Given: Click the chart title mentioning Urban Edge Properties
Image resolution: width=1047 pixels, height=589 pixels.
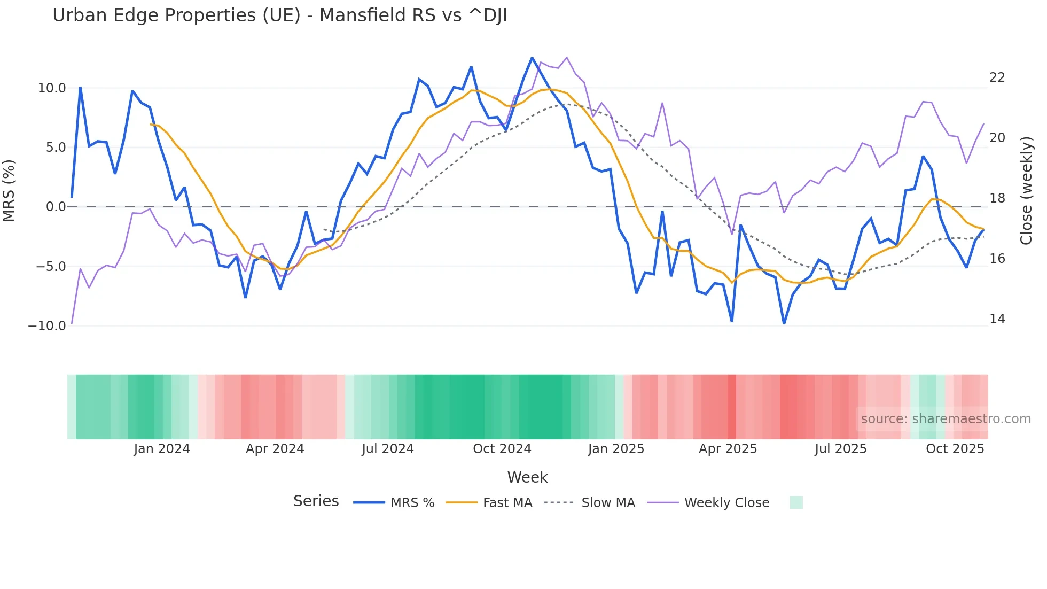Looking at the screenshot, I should point(279,15).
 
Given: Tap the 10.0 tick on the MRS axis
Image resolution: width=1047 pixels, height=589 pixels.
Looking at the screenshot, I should point(52,88).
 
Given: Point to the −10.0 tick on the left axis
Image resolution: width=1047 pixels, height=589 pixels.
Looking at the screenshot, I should point(47,325).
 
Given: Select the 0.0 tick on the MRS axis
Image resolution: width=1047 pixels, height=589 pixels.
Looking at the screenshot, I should point(56,207).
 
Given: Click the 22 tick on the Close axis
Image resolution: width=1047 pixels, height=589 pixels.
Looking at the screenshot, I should point(997,77).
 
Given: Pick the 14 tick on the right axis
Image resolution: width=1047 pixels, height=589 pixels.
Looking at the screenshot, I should point(997,319).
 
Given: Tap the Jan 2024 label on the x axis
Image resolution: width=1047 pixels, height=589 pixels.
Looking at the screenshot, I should point(162,449).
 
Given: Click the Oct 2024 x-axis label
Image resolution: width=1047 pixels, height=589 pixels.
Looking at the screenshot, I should point(502,449).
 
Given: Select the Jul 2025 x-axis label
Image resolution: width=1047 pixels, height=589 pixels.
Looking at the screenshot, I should point(840,449).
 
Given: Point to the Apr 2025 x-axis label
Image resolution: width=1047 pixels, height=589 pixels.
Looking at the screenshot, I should point(728,449).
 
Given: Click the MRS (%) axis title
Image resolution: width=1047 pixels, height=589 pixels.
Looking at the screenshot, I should point(9,191).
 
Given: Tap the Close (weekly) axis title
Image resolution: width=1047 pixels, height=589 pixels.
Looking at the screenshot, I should point(1026,191).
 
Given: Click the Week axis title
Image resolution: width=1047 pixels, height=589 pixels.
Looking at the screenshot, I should point(527,477).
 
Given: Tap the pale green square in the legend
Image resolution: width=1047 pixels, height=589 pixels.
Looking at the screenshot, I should point(796,502).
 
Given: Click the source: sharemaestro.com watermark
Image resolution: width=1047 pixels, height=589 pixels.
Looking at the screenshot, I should point(946,419).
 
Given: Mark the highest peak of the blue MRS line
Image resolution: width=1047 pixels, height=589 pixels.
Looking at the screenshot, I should point(532,58).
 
